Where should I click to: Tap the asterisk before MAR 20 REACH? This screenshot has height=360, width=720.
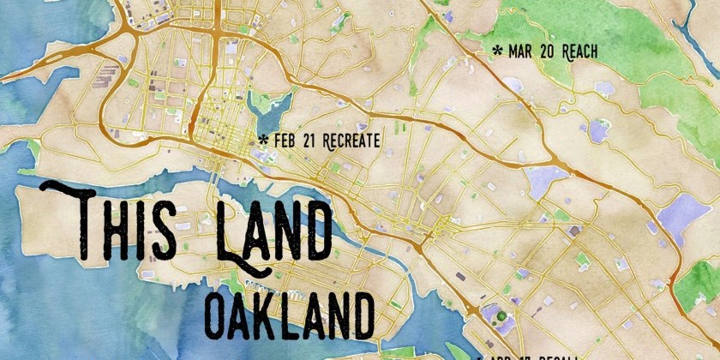pos(497,51)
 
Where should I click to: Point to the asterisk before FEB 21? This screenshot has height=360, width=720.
pos(263,139)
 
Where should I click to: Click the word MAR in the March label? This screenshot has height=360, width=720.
pos(519,52)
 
